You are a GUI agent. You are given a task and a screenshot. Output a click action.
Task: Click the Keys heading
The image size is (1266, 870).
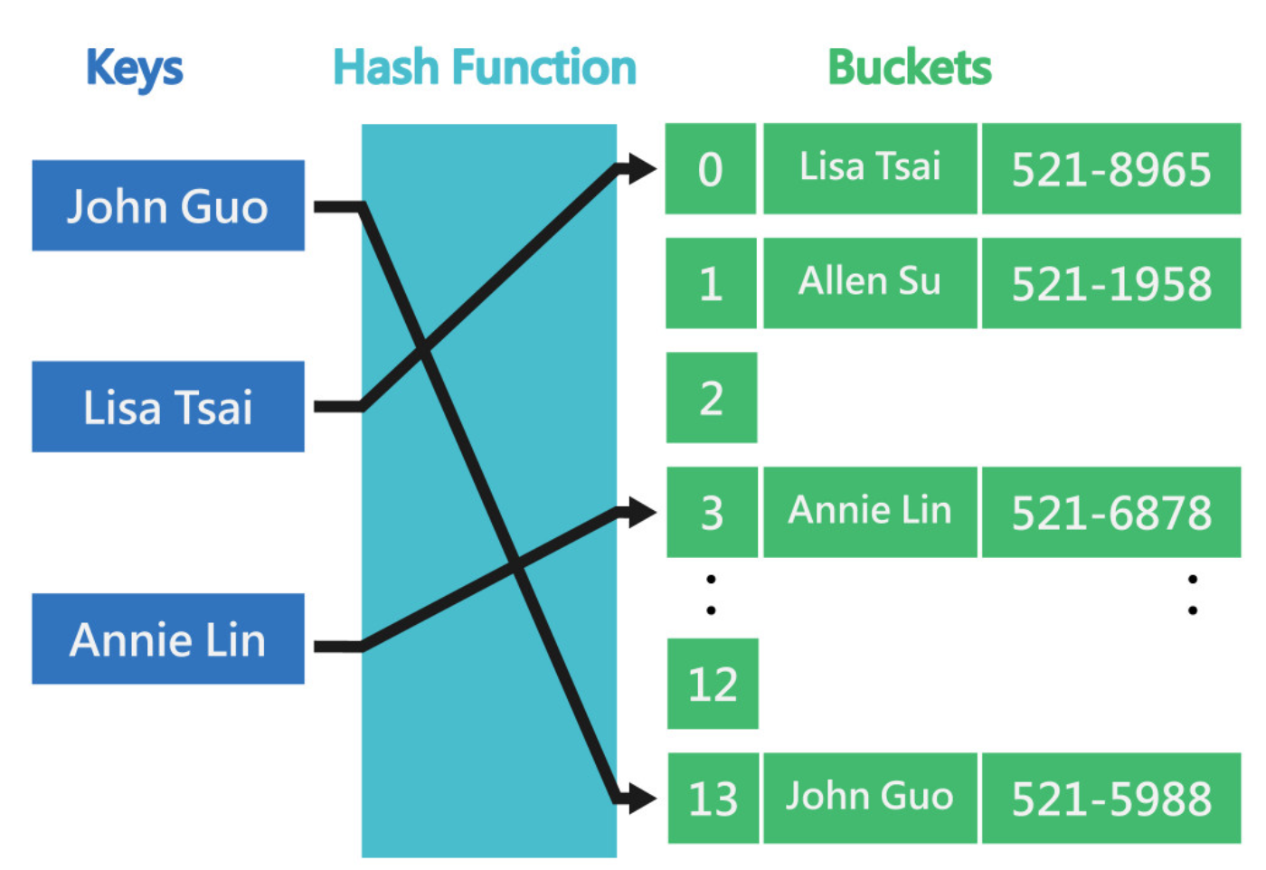(134, 69)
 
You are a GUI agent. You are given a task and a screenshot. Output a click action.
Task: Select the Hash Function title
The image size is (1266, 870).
(485, 68)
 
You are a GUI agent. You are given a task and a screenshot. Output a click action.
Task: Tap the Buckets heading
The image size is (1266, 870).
(909, 68)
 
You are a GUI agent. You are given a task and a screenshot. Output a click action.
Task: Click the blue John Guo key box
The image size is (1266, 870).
(168, 206)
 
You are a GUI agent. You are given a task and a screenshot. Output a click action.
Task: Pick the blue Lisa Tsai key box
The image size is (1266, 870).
(168, 407)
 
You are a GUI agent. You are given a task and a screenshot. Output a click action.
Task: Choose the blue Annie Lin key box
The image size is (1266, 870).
(168, 639)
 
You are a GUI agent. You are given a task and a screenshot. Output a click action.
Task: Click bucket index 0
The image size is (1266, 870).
(711, 169)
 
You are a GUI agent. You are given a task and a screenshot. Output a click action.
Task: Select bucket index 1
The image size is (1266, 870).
(711, 283)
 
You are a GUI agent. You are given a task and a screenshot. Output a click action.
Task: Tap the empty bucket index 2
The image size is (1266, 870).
(712, 398)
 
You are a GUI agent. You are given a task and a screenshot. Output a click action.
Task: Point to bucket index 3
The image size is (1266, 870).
(712, 512)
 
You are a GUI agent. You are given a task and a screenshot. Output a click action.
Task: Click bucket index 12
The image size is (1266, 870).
(713, 684)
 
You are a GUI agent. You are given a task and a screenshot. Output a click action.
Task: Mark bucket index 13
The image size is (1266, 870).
(713, 798)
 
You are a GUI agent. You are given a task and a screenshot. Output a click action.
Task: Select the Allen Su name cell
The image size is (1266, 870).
(870, 283)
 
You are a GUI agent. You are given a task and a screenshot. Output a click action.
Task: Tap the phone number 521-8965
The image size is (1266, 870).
(1111, 169)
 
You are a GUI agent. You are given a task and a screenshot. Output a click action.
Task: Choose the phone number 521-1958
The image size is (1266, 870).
(1111, 283)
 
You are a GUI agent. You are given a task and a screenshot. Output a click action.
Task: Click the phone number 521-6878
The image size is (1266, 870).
(1111, 512)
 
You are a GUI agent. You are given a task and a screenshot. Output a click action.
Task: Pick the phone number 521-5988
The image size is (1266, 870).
(1111, 798)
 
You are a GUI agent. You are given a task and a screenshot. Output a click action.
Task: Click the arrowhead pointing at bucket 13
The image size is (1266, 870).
(640, 798)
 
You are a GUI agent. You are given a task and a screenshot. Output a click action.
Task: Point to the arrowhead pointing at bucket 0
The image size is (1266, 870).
(640, 168)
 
